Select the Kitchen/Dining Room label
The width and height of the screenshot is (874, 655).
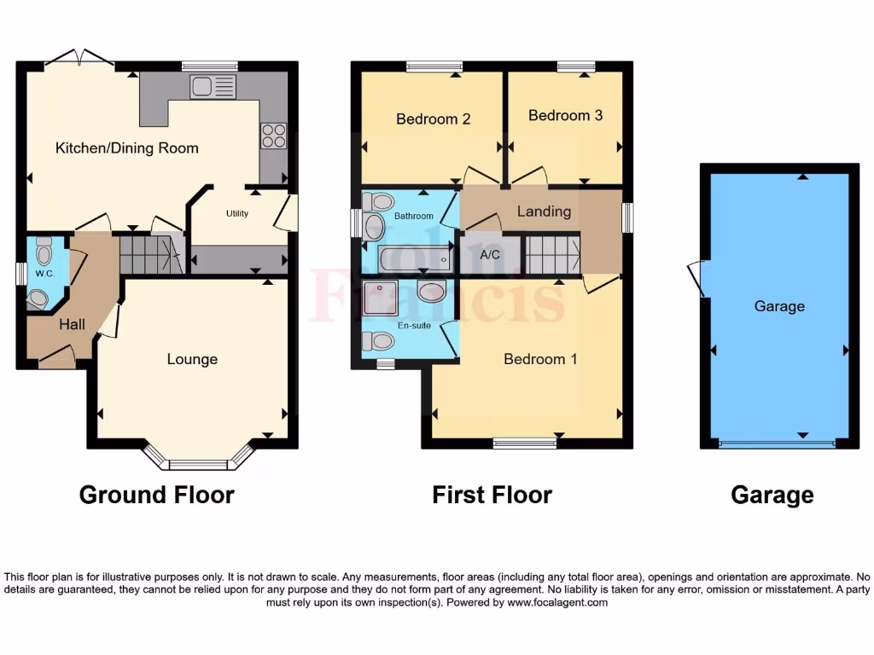127,148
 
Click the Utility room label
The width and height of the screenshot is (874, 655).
237,213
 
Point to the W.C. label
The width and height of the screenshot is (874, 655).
44,275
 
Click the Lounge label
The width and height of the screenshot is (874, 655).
192,359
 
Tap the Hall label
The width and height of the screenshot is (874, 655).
72,324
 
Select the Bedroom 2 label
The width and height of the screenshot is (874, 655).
433,119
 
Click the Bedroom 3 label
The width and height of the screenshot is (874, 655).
565,115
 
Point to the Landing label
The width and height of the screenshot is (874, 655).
544,211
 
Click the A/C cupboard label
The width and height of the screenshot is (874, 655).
490,254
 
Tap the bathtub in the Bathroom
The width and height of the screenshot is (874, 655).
414,257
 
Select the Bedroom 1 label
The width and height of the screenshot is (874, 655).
540,359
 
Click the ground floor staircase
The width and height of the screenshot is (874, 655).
151,254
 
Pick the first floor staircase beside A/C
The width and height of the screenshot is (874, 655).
551,254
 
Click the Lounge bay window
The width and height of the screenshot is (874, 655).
199,461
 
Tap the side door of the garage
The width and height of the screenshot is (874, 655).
697,278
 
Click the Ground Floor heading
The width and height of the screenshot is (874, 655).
156,495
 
